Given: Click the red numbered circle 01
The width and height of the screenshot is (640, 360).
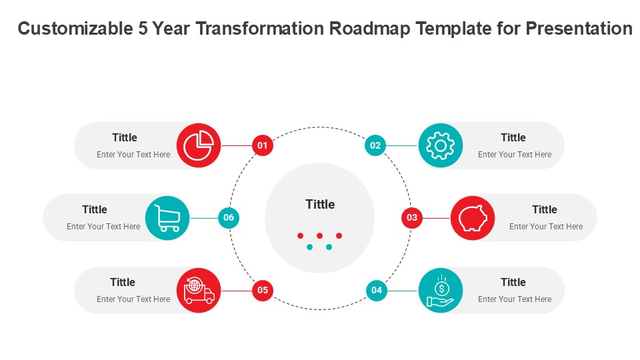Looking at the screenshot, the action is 263,145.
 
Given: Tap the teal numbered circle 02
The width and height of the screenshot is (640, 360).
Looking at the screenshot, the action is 375,145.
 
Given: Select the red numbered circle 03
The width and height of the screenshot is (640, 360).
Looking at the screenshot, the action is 412,217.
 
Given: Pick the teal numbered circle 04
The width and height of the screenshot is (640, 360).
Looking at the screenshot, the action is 376,290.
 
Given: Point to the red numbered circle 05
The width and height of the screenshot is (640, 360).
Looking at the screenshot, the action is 263,290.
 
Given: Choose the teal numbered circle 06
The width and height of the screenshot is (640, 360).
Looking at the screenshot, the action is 229,217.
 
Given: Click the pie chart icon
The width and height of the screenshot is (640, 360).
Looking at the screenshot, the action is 199,145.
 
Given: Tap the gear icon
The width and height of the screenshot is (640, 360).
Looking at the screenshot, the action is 441,145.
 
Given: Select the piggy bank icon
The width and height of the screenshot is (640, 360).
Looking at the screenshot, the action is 473,218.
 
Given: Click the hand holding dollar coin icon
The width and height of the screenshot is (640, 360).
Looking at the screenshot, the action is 441,291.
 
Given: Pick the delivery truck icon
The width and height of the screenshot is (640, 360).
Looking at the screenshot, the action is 199,291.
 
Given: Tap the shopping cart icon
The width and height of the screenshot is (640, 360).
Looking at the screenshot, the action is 167,218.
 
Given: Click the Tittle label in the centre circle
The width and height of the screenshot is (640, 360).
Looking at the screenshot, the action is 320,204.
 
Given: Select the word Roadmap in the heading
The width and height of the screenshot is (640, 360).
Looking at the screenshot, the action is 370,29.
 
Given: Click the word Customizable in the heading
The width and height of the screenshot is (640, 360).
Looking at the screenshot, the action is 75,29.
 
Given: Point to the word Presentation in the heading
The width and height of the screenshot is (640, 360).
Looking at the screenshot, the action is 579,29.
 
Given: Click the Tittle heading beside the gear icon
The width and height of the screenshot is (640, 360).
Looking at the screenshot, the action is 513,137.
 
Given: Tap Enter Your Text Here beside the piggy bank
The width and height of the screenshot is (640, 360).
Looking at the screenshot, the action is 546,227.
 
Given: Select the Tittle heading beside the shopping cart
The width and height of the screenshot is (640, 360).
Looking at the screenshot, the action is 94,209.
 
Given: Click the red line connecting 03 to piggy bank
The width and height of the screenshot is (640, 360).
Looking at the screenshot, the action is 436,218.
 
